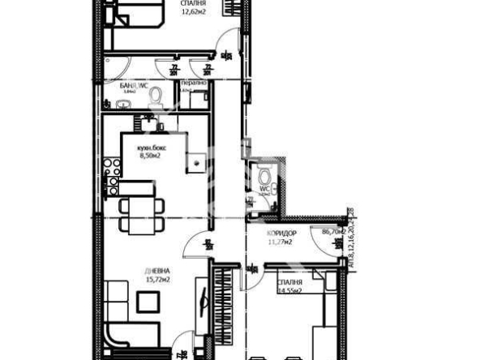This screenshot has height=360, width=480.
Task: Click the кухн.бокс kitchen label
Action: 152,148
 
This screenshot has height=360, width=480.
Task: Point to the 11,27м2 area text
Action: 281,241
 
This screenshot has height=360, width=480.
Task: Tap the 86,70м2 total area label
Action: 333,232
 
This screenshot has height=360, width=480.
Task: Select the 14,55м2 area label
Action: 289,289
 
